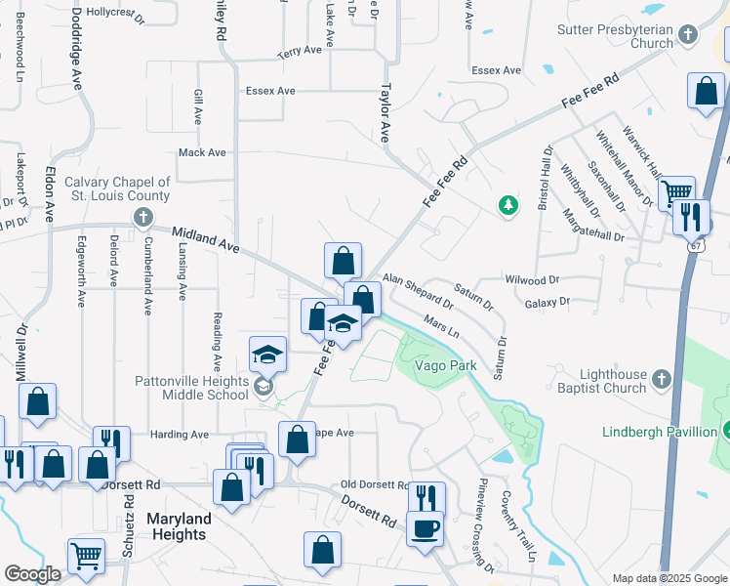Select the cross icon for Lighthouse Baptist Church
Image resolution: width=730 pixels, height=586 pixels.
pyautogui.click(x=661, y=378)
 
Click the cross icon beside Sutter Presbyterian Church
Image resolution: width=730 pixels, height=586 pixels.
pyautogui.click(x=689, y=35)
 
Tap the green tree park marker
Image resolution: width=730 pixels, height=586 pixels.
pyautogui.click(x=507, y=204)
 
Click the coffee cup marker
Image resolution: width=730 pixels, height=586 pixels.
pyautogui.click(x=425, y=528)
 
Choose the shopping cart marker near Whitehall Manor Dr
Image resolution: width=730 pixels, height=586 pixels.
pyautogui.click(x=675, y=191)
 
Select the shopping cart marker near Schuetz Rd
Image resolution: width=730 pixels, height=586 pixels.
pyautogui.click(x=86, y=556)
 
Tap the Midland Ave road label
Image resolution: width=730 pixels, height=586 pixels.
pyautogui.click(x=205, y=238)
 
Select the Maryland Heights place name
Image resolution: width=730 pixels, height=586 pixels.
pyautogui.click(x=177, y=526)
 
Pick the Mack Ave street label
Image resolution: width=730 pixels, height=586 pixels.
pyautogui.click(x=202, y=152)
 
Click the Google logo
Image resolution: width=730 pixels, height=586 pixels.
pyautogui.click(x=32, y=574)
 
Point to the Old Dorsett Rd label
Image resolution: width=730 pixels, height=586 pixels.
pyautogui.click(x=374, y=485)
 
